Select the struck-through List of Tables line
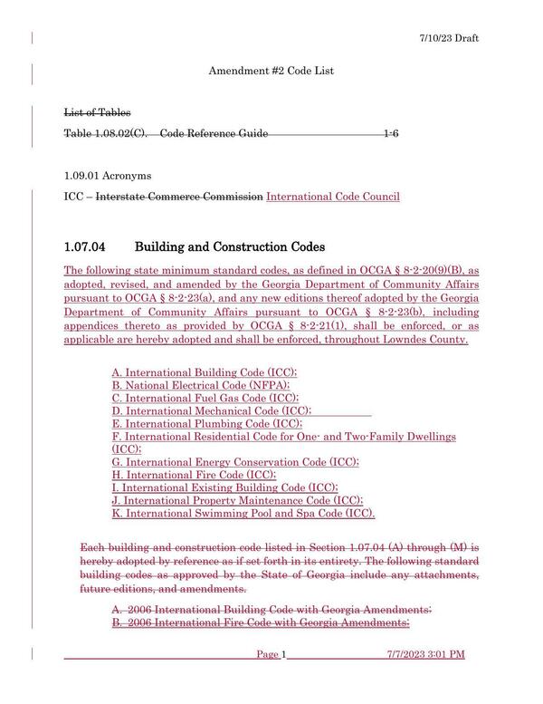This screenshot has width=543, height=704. [97, 112]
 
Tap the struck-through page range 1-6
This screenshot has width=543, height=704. [391, 134]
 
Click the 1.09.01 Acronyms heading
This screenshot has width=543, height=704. [108, 175]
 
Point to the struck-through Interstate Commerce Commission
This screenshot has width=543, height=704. [180, 196]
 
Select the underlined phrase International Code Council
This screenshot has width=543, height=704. [333, 196]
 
